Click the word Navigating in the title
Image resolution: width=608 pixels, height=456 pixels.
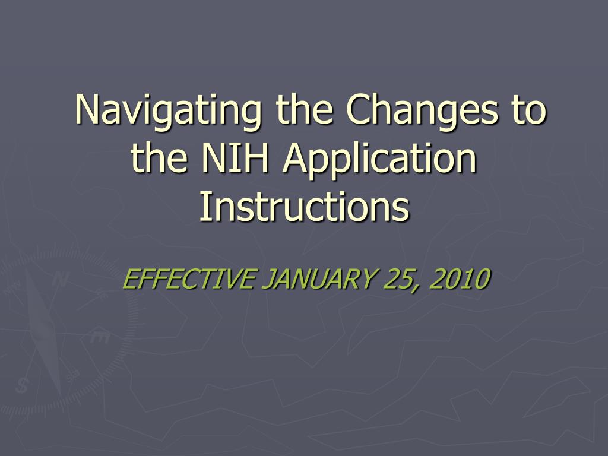tap(168, 111)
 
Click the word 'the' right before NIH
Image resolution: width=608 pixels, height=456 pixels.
tap(159, 157)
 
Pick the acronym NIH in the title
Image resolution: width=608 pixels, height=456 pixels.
tap(235, 157)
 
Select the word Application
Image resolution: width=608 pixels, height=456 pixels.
tap(379, 159)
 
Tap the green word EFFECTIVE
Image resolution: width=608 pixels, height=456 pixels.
tap(189, 278)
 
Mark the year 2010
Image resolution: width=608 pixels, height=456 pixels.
tap(460, 278)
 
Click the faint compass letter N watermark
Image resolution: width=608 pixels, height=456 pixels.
tap(60, 279)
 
